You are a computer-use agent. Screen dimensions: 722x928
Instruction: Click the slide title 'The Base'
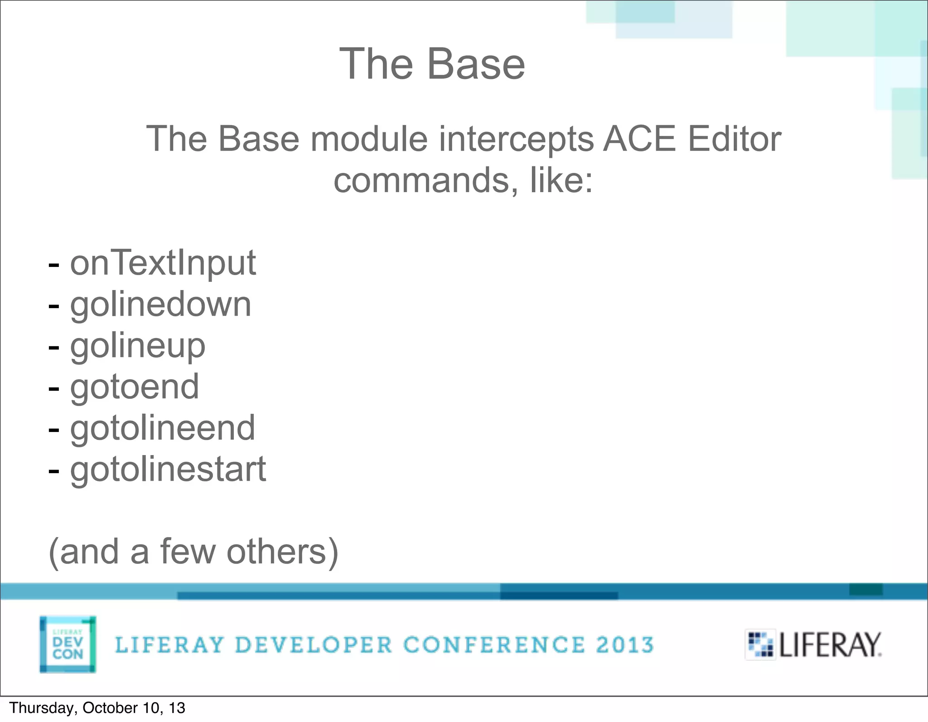pyautogui.click(x=432, y=64)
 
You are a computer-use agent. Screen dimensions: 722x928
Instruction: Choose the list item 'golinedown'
pyautogui.click(x=160, y=305)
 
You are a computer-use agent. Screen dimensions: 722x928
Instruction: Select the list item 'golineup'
pyautogui.click(x=138, y=346)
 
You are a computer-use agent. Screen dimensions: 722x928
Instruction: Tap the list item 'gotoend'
pyautogui.click(x=135, y=387)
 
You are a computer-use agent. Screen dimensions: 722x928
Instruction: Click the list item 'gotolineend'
pyautogui.click(x=163, y=428)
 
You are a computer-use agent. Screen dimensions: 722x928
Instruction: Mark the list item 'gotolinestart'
pyautogui.click(x=168, y=470)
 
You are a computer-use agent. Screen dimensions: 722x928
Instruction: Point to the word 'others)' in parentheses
pyautogui.click(x=282, y=552)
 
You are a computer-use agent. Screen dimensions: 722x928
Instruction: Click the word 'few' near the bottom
pyautogui.click(x=187, y=552)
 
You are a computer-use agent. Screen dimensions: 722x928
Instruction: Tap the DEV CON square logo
pyautogui.click(x=68, y=644)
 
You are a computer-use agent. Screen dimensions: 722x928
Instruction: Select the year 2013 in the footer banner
pyautogui.click(x=625, y=645)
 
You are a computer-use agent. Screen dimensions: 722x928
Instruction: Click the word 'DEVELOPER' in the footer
pyautogui.click(x=314, y=645)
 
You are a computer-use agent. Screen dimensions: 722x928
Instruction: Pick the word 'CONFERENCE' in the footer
pyautogui.click(x=494, y=645)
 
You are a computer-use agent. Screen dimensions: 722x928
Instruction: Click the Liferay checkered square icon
pyautogui.click(x=760, y=644)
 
